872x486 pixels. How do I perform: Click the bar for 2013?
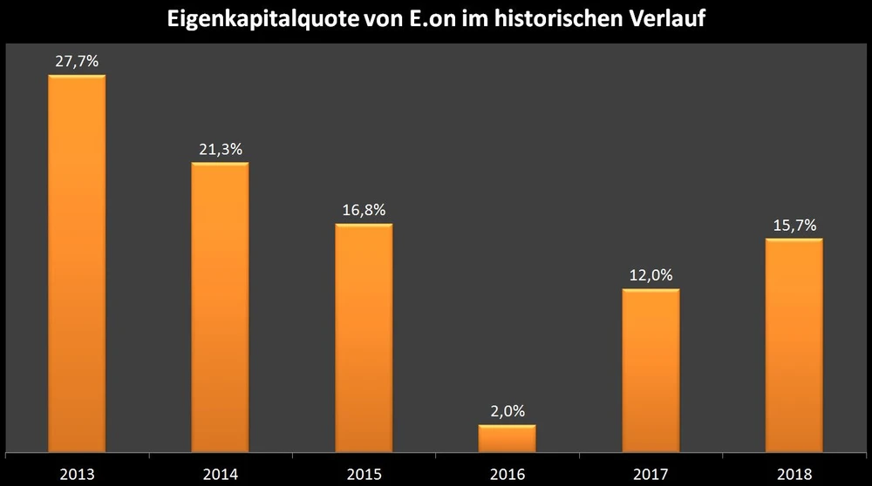77,263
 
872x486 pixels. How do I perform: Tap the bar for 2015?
364,338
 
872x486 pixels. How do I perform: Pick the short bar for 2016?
508,438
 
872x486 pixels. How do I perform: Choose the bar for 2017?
651,370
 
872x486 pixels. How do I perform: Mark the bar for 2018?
794,345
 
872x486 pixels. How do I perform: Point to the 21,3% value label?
220,149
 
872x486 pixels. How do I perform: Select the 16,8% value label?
364,210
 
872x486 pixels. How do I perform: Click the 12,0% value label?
651,275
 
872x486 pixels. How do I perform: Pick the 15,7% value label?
794,225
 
